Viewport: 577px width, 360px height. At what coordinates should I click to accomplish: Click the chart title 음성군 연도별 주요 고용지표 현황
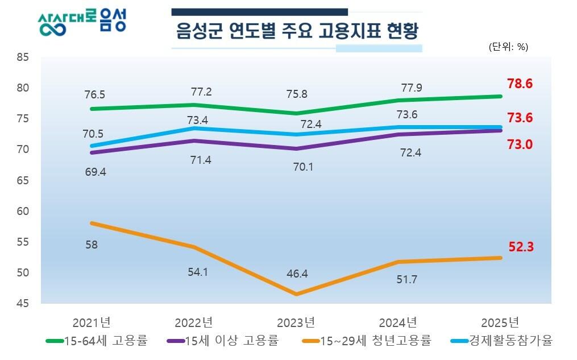point(297,31)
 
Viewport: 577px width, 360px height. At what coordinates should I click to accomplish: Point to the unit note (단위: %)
point(508,47)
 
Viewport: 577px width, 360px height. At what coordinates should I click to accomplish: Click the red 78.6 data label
point(520,84)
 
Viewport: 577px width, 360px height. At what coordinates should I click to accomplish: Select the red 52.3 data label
point(520,247)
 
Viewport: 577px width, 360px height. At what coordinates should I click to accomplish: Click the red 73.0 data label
point(520,144)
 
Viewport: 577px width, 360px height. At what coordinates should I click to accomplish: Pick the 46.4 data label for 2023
point(297,274)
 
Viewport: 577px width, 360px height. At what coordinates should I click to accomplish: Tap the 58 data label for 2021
point(91,245)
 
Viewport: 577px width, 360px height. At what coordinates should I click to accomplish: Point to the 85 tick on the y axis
point(23,57)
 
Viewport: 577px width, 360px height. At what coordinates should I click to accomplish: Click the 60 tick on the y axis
point(23,211)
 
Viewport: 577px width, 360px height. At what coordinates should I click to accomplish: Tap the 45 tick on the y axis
point(23,303)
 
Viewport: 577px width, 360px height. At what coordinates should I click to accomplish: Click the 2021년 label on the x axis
point(92,322)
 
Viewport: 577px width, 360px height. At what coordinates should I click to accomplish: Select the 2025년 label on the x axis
point(500,322)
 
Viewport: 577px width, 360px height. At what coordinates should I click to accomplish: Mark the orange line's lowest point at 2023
point(296,294)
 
